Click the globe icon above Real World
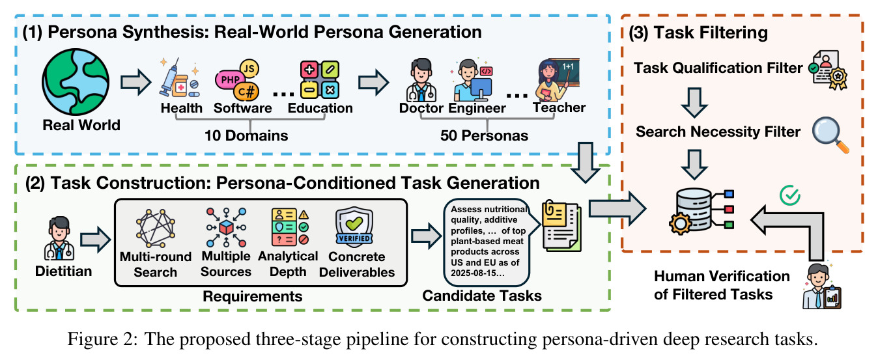point(76,82)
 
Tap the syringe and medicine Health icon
point(180,77)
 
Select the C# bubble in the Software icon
point(247,92)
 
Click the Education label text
point(320,108)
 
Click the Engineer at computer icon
point(472,80)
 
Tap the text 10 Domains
point(246,135)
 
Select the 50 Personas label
point(484,135)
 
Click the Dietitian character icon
point(59,238)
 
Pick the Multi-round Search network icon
point(156,228)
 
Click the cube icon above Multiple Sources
point(226,227)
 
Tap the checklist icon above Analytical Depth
point(290,227)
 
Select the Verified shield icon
point(354,227)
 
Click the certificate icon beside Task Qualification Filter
point(828,70)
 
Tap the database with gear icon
point(701,212)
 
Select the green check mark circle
point(790,195)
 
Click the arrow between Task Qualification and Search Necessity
point(694,103)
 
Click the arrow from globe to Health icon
point(135,82)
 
